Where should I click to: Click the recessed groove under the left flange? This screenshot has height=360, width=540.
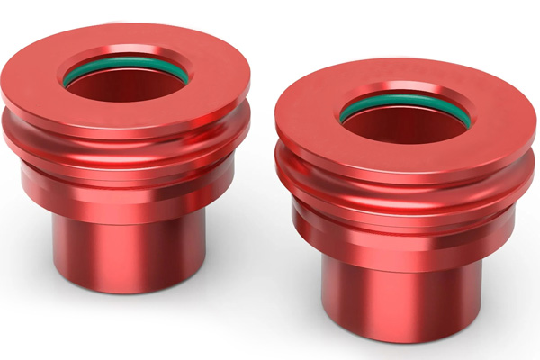pos(126,148)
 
